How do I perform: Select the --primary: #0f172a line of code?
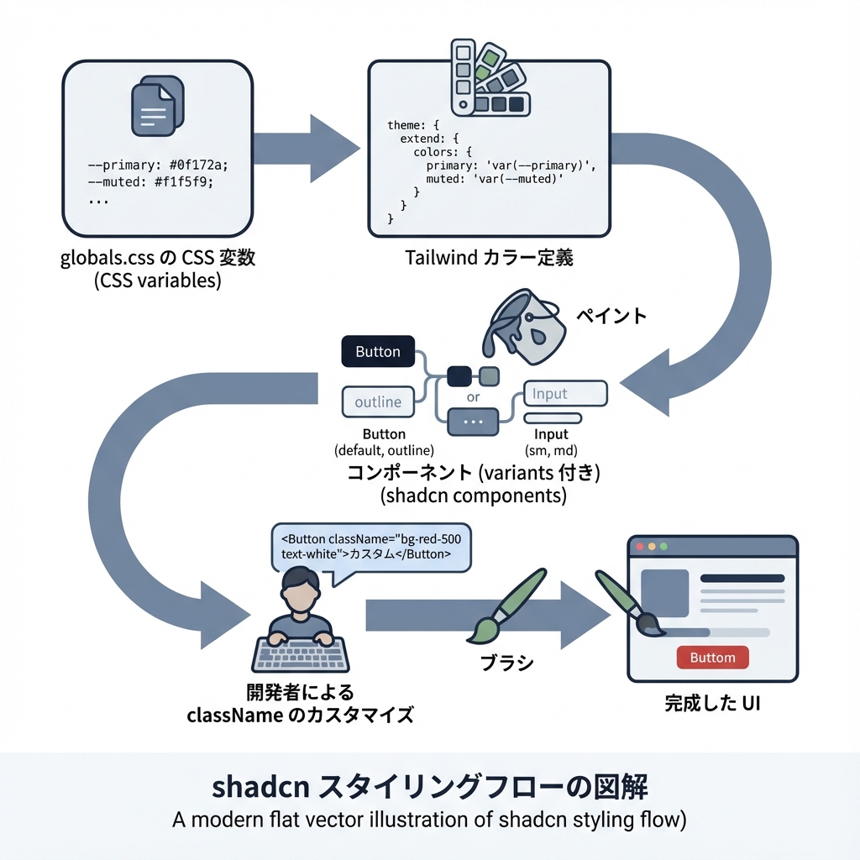coord(157,165)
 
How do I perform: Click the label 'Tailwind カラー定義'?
coord(489,258)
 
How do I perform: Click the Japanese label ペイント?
coord(611,316)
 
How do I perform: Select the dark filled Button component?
coord(377,352)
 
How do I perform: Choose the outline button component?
coord(378,401)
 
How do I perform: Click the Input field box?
coord(564,393)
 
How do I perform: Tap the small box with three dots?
coord(474,421)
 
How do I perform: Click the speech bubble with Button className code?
coord(370,548)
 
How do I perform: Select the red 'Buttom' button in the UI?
coord(712,658)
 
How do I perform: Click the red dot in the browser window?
coord(641,547)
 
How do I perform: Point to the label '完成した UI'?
coord(712,704)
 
